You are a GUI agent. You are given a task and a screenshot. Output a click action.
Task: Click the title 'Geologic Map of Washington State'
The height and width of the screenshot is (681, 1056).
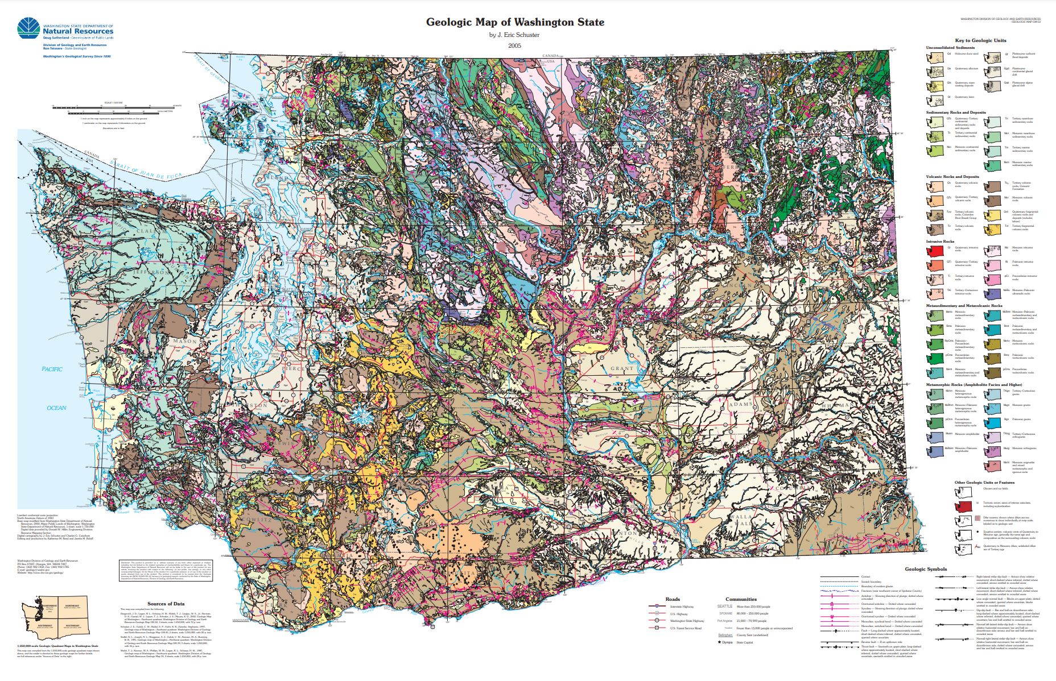515,23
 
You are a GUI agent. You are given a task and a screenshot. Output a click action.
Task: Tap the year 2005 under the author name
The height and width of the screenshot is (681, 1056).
515,45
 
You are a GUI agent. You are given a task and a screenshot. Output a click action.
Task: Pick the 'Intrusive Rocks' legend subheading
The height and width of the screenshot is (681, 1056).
940,242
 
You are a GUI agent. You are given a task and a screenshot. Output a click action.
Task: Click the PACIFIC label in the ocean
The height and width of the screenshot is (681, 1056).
52,369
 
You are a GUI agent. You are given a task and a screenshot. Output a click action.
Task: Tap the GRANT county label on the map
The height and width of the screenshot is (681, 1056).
621,369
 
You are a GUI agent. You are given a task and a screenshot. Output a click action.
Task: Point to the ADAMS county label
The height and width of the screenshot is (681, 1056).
740,404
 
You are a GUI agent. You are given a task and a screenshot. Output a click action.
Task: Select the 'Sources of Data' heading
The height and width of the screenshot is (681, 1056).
166,604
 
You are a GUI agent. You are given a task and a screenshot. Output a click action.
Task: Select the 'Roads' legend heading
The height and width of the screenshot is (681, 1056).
673,599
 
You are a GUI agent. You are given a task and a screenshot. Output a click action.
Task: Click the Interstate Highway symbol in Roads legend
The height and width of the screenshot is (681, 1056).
657,607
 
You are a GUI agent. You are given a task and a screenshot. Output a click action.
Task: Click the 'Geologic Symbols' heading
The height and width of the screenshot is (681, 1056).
926,569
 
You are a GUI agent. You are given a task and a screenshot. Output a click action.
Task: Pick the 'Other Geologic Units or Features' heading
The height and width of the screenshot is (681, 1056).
984,483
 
